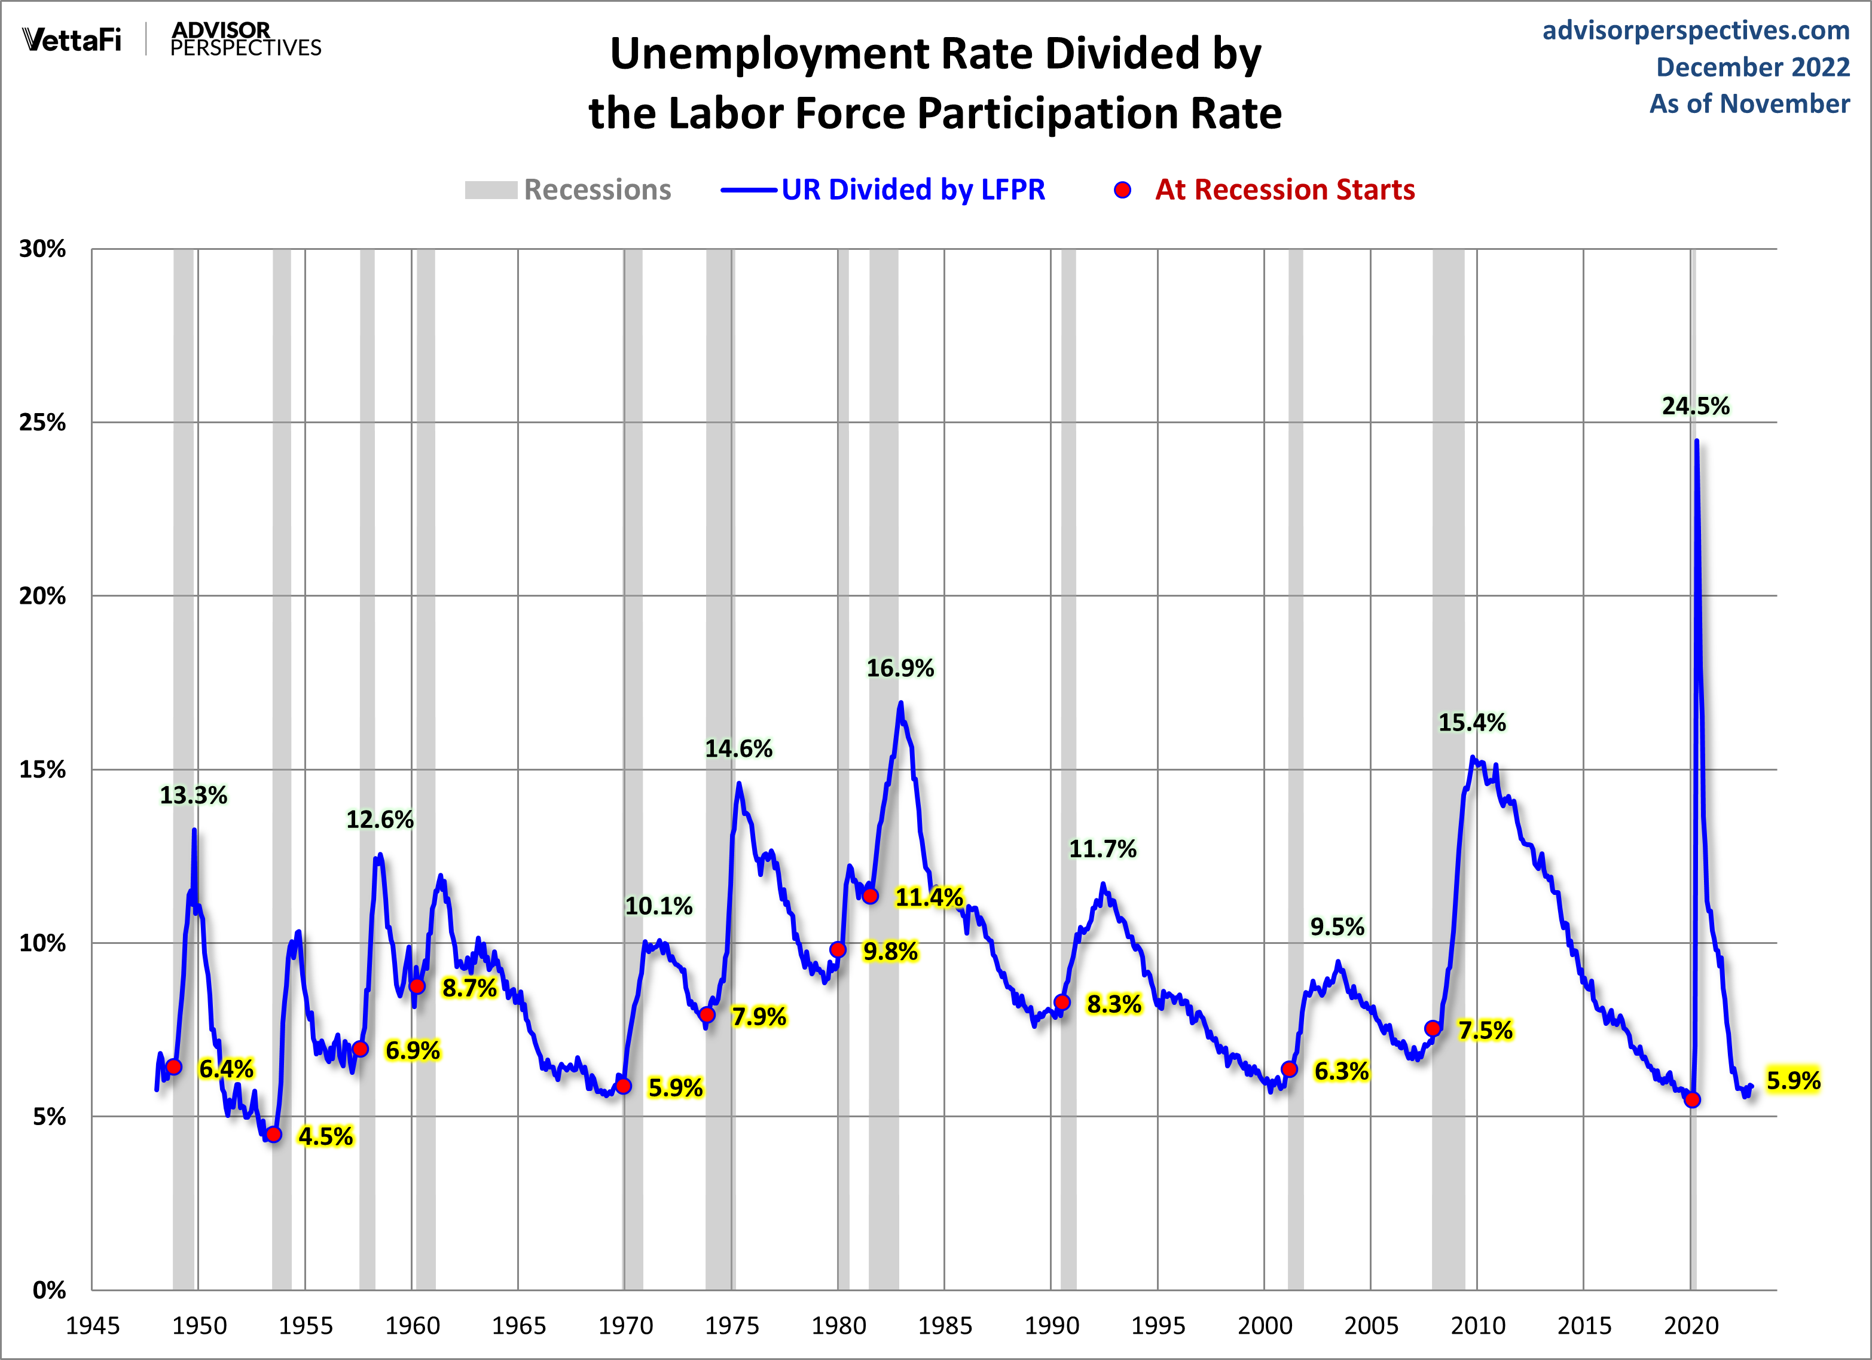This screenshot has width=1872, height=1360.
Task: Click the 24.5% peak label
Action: pyautogui.click(x=1696, y=406)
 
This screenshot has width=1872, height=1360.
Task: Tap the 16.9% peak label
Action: pyautogui.click(x=900, y=668)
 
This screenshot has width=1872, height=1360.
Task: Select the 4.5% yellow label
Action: pyautogui.click(x=325, y=1136)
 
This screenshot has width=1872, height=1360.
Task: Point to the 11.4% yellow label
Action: pyautogui.click(x=929, y=897)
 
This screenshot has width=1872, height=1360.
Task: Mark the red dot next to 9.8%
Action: pyautogui.click(x=838, y=950)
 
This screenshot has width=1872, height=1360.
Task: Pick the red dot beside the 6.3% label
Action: pyautogui.click(x=1289, y=1069)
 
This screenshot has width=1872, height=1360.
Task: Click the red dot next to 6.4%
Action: pyautogui.click(x=173, y=1067)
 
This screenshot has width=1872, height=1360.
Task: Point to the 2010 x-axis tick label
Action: pyautogui.click(x=1477, y=1326)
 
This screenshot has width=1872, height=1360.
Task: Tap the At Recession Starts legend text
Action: pyautogui.click(x=1284, y=190)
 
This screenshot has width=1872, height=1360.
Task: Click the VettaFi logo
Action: pyautogui.click(x=72, y=39)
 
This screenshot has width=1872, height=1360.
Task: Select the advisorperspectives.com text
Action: pyautogui.click(x=1696, y=30)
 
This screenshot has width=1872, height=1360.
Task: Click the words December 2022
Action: pyautogui.click(x=1752, y=67)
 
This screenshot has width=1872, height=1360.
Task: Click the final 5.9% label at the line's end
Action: pyautogui.click(x=1792, y=1080)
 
